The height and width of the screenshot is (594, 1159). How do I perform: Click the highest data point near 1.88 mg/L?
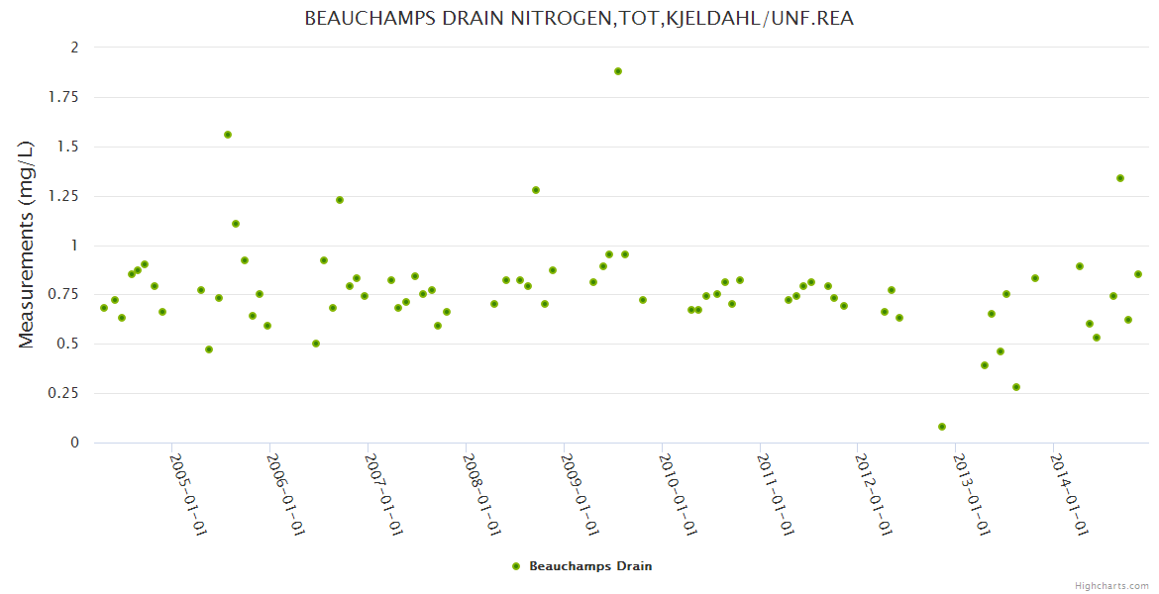[618, 71]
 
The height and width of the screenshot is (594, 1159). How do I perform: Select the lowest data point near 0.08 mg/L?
[942, 427]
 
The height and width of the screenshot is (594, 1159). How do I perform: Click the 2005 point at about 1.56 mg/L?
[228, 135]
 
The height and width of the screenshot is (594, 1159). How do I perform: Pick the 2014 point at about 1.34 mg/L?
[1120, 178]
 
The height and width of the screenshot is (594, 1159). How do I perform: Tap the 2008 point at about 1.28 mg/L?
[536, 190]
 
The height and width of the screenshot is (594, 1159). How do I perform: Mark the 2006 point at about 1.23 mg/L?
[340, 200]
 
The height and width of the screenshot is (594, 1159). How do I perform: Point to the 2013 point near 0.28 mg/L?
[1016, 387]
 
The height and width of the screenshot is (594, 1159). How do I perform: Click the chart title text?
[579, 19]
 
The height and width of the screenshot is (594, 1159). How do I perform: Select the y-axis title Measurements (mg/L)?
[27, 245]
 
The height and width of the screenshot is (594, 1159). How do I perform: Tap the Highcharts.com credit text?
[1111, 585]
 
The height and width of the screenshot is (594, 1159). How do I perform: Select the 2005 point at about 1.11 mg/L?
[236, 224]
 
